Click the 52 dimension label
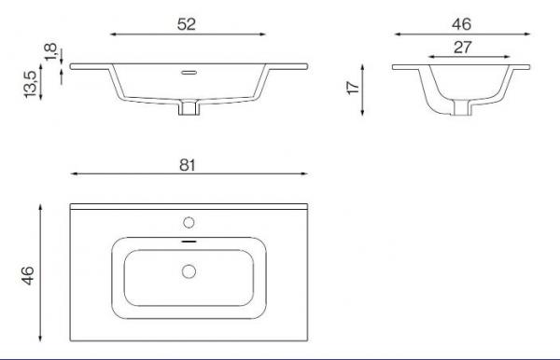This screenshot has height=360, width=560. (x=187, y=24)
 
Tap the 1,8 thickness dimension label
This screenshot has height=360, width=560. (x=50, y=52)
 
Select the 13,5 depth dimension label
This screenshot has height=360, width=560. (x=31, y=84)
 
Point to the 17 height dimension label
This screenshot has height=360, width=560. (x=353, y=88)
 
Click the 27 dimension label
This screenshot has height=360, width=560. (x=463, y=47)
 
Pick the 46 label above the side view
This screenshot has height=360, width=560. (x=461, y=24)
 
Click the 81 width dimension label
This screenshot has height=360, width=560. (x=188, y=165)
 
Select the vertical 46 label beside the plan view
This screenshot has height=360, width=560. (x=27, y=275)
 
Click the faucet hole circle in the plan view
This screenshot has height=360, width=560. (x=189, y=223)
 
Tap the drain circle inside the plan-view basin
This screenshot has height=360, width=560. (x=189, y=271)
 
